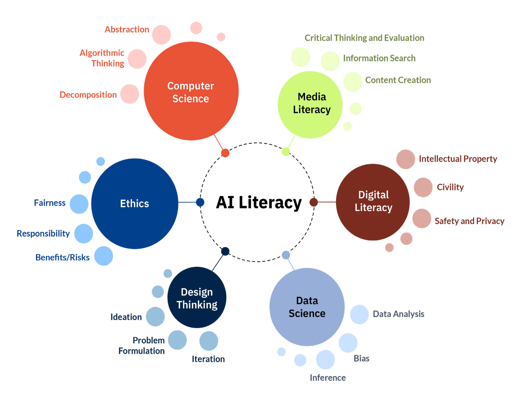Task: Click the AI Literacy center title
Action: click(x=259, y=203)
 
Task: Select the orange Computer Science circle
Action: click(x=191, y=91)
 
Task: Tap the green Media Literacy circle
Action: click(x=310, y=104)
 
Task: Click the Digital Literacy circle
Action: click(x=373, y=202)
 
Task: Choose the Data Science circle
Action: click(x=307, y=307)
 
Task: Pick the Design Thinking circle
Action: click(x=197, y=297)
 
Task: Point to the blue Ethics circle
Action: click(x=135, y=204)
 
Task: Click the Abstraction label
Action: click(x=127, y=29)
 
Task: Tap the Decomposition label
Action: click(x=88, y=95)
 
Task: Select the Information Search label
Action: click(x=379, y=58)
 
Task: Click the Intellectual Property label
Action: click(x=458, y=159)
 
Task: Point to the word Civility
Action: click(x=450, y=187)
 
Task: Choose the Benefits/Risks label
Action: click(x=62, y=257)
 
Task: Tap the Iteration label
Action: click(x=208, y=359)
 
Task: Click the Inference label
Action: click(x=327, y=378)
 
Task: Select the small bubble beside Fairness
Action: click(x=79, y=204)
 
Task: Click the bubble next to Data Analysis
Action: click(x=359, y=314)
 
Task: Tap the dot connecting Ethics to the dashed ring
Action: click(x=200, y=202)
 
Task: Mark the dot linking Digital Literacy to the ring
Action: click(x=313, y=202)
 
